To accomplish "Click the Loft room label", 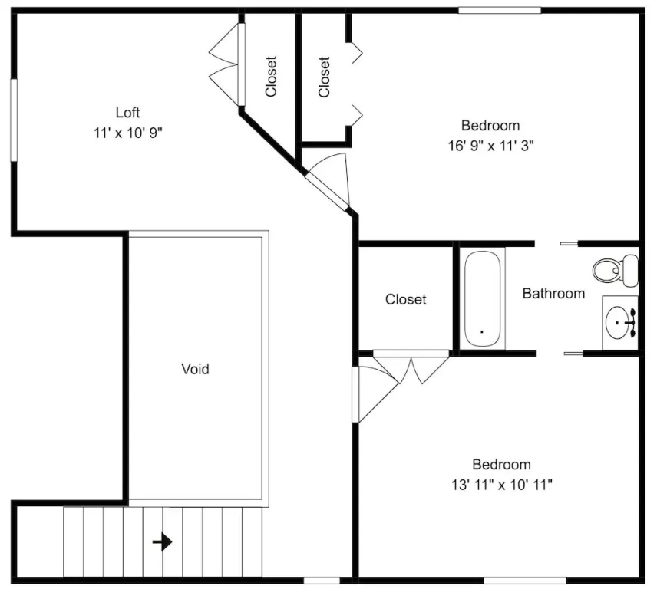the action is pyautogui.click(x=128, y=112).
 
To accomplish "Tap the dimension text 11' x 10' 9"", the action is pyautogui.click(x=128, y=133).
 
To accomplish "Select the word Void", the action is pyautogui.click(x=195, y=369).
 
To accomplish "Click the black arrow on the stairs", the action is pyautogui.click(x=162, y=542).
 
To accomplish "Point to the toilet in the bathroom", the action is pyautogui.click(x=616, y=270).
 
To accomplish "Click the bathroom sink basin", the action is pyautogui.click(x=618, y=322).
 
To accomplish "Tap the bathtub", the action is pyautogui.click(x=482, y=298).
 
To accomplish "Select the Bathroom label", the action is pyautogui.click(x=553, y=294).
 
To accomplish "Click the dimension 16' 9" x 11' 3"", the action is pyautogui.click(x=490, y=146).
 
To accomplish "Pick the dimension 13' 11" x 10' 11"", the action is pyautogui.click(x=501, y=485).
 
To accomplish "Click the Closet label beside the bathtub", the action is pyautogui.click(x=405, y=299).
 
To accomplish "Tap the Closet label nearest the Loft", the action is pyautogui.click(x=271, y=77).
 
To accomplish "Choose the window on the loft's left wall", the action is pyautogui.click(x=14, y=120).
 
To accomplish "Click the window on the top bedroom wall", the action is pyautogui.click(x=500, y=11).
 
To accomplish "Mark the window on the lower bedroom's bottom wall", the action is pyautogui.click(x=525, y=581).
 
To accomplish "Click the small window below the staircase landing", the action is pyautogui.click(x=322, y=581).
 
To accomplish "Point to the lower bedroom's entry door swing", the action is pyautogui.click(x=375, y=394).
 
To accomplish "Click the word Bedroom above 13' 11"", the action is pyautogui.click(x=501, y=464).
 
